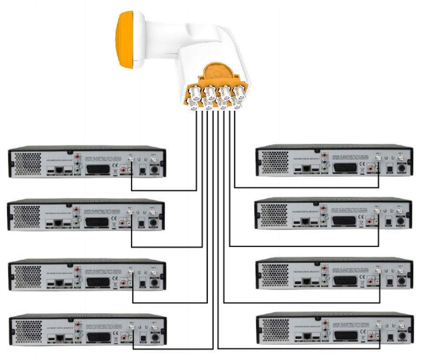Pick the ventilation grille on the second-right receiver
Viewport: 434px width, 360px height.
(274, 213)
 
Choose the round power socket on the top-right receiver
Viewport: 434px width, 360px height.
(402, 168)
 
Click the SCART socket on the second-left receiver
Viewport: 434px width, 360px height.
(97, 223)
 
